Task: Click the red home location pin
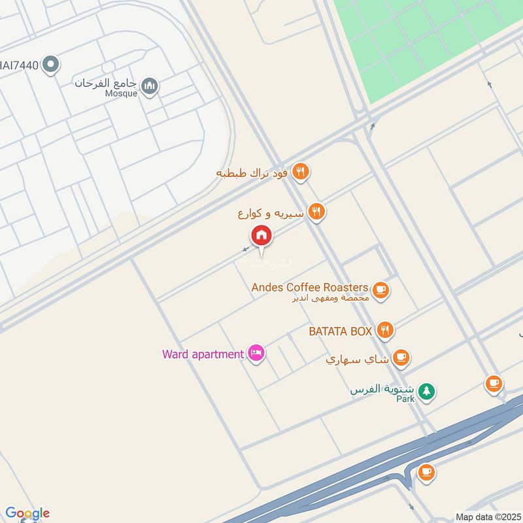(x=261, y=236)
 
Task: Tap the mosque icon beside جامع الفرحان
(x=150, y=86)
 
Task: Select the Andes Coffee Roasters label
(x=311, y=288)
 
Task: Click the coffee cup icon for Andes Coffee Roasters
(x=380, y=289)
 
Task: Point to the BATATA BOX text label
(x=340, y=331)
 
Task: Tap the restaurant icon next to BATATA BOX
(x=385, y=331)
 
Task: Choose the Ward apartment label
(x=203, y=354)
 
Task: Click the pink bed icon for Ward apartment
(x=256, y=354)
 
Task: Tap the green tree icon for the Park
(x=426, y=391)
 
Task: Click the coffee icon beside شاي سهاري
(x=401, y=358)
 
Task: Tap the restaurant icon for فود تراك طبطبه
(x=300, y=172)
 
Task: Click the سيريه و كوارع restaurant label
(x=271, y=212)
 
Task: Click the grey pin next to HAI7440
(x=50, y=64)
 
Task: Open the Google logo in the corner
(x=27, y=513)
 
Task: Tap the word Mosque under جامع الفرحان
(x=122, y=93)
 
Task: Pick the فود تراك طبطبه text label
(x=254, y=173)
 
